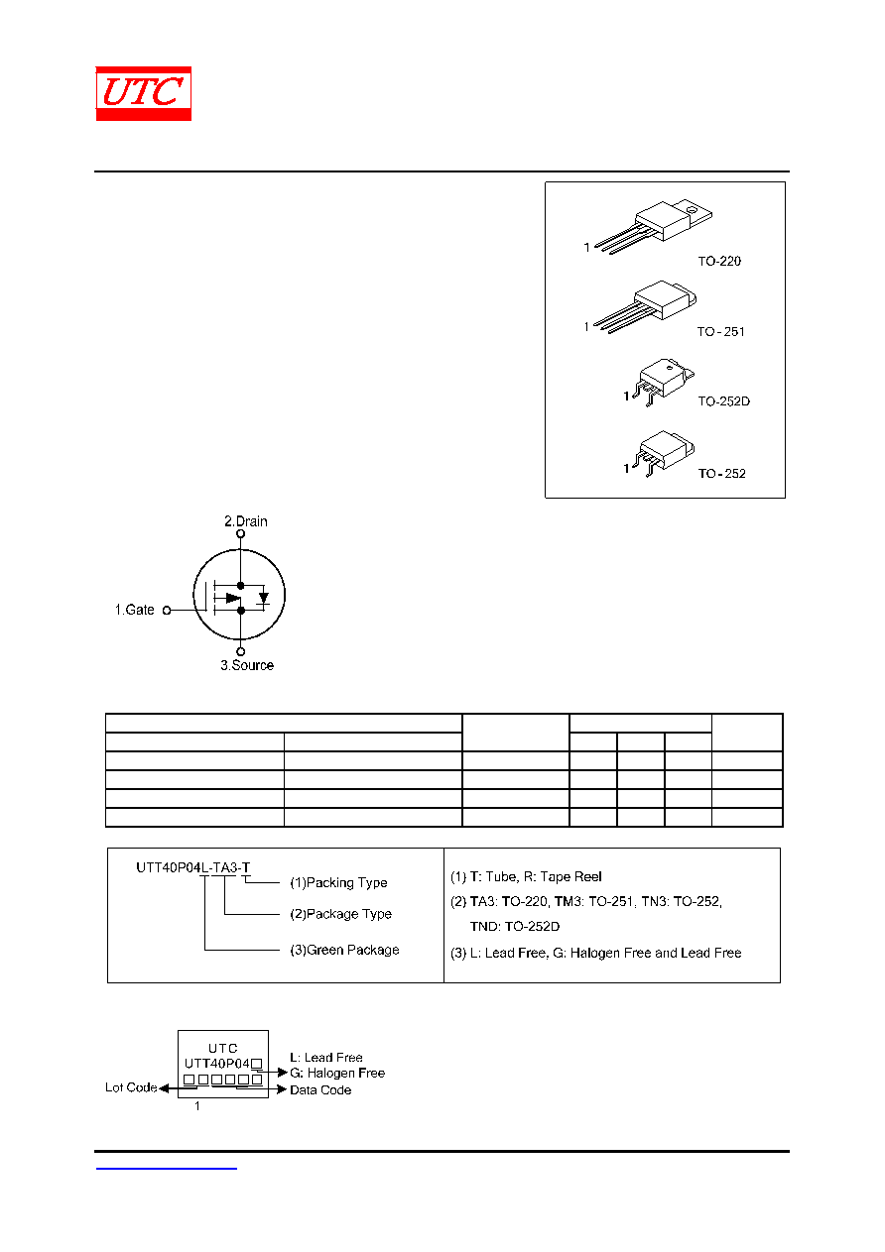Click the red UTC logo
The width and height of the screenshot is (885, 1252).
(143, 93)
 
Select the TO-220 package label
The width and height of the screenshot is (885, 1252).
(719, 261)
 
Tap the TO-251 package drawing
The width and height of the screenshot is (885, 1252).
(645, 306)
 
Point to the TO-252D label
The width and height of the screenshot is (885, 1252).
(723, 401)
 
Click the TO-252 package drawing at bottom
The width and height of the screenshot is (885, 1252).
(664, 453)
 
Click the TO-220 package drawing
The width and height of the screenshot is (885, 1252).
(654, 226)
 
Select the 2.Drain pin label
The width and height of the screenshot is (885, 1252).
(246, 520)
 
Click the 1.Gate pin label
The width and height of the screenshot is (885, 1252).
(134, 610)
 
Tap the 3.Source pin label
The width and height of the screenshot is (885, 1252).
(247, 665)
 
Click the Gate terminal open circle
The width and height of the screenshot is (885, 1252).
(167, 611)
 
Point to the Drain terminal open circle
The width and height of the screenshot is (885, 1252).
(240, 533)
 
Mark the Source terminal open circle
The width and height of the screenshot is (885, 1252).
(240, 651)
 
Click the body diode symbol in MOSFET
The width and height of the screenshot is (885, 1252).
(264, 598)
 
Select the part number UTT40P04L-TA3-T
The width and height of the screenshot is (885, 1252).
(193, 867)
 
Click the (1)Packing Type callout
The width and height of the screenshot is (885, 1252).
(338, 882)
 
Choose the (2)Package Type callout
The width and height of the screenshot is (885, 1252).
(340, 914)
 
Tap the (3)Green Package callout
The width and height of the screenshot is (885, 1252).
(344, 950)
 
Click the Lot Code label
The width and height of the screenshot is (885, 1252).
(131, 1087)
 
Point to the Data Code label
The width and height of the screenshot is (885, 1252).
(320, 1089)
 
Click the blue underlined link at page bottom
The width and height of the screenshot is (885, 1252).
(167, 1169)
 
